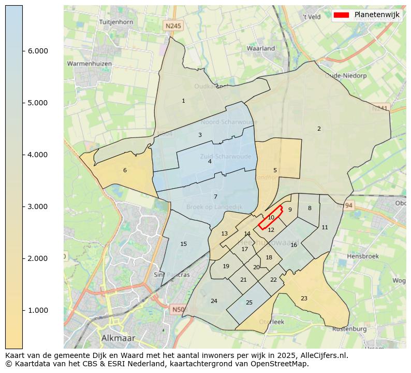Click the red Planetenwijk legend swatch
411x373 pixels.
342,15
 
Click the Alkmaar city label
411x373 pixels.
118,338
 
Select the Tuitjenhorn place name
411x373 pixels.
116,22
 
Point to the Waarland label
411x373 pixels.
261,48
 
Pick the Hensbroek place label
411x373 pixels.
363,256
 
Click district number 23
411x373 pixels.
304,298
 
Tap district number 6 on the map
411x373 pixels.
125,170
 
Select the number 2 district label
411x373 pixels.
319,129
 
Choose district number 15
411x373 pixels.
183,244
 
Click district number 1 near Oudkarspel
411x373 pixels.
183,101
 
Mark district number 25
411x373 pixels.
249,302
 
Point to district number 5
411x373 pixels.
275,170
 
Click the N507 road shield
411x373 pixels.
178,310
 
